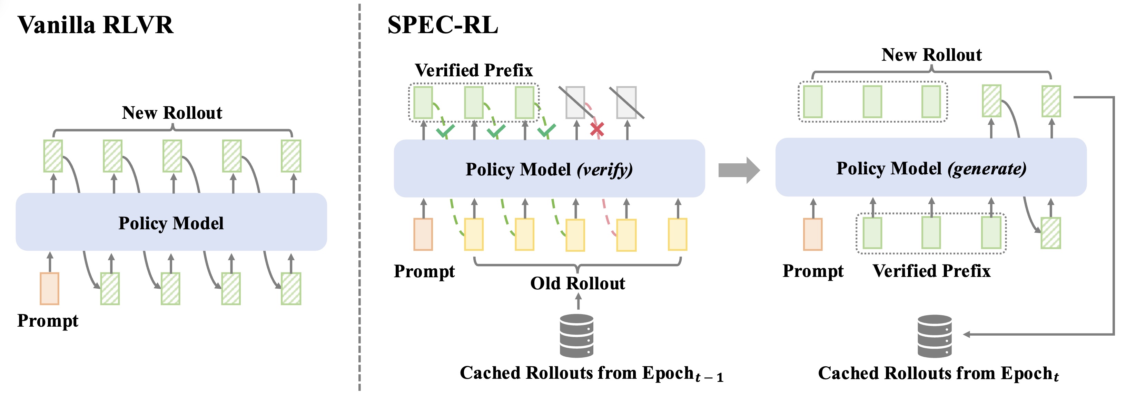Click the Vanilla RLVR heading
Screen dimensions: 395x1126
pyautogui.click(x=95, y=25)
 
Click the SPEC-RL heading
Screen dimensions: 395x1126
pyautogui.click(x=442, y=25)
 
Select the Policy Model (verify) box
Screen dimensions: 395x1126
pyautogui.click(x=549, y=169)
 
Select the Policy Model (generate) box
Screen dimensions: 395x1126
pyautogui.click(x=931, y=168)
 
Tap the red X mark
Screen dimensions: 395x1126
pyautogui.click(x=597, y=129)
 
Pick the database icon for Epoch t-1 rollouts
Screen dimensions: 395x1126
pyautogui.click(x=576, y=336)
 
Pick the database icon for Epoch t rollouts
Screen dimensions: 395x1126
pyautogui.click(x=935, y=336)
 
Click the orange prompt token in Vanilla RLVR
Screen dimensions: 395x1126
pyautogui.click(x=49, y=289)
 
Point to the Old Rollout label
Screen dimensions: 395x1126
pyautogui.click(x=577, y=283)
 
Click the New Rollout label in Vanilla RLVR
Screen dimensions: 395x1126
pyautogui.click(x=172, y=113)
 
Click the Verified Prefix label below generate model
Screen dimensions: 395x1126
pyautogui.click(x=931, y=271)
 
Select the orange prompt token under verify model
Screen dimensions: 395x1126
pyautogui.click(x=423, y=234)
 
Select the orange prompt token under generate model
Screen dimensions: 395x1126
pyautogui.click(x=813, y=234)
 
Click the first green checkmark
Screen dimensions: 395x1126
pyautogui.click(x=445, y=131)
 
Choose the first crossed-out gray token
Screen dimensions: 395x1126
pyautogui.click(x=575, y=102)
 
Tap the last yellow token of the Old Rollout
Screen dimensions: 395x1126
pyautogui.click(x=678, y=234)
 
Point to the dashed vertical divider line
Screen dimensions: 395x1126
pyautogui.click(x=360, y=197)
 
